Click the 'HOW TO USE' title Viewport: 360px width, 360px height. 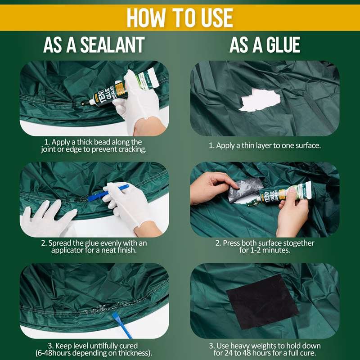tap(180, 18)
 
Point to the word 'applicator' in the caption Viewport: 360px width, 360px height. tap(71, 250)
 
